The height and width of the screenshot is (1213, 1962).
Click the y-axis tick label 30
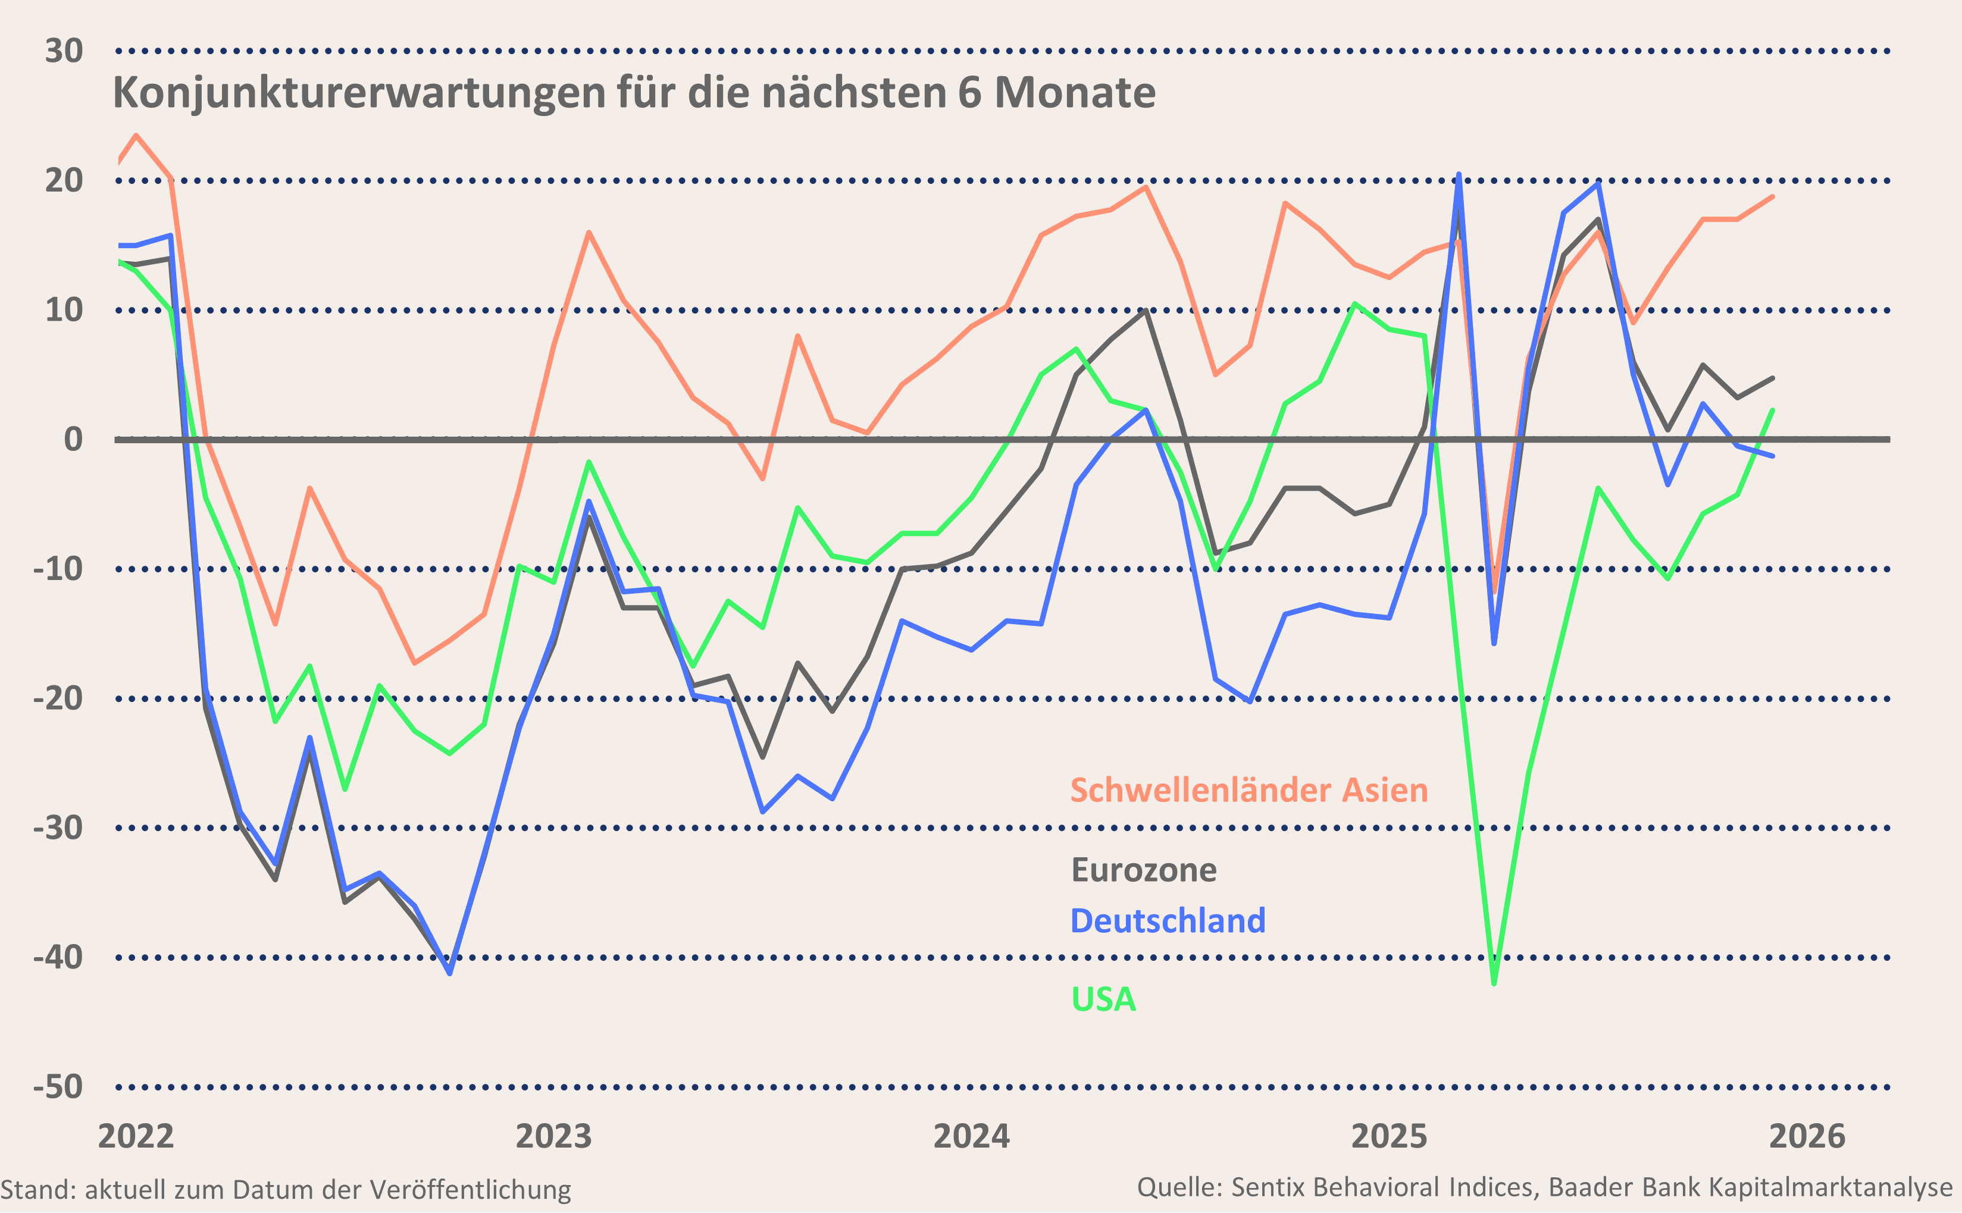64,51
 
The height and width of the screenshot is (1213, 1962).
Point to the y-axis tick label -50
58,1087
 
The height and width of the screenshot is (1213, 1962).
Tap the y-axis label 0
73,440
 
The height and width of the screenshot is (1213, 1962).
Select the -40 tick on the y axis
58,957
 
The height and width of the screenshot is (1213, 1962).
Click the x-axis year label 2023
553,1136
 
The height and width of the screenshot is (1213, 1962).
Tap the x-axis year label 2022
136,1136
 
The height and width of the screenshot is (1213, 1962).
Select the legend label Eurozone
1144,870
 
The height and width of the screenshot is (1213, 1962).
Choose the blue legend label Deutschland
1168,921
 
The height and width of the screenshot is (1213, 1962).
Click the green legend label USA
1103,999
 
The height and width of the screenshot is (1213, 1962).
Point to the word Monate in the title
1075,93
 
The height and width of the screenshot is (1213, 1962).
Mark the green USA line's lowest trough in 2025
1493,983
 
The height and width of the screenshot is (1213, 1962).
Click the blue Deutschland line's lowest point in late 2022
449,974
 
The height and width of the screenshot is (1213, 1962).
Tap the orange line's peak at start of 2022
136,135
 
